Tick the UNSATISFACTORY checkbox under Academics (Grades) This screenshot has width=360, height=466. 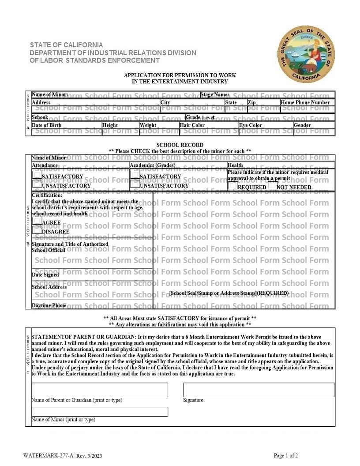tap(135, 185)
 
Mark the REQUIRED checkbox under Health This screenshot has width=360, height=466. tap(233, 186)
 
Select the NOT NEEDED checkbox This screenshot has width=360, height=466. tap(272, 186)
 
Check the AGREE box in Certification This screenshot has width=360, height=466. tap(37, 221)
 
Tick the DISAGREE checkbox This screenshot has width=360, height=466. tap(37, 230)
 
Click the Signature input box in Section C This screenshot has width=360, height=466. tap(259, 390)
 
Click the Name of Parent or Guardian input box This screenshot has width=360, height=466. tap(100, 390)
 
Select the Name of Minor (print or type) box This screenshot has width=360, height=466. tap(100, 411)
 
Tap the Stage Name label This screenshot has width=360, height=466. tap(215, 94)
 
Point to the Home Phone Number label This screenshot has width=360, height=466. tap(305, 102)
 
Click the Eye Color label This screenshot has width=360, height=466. tap(251, 125)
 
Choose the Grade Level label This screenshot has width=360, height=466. tap(201, 117)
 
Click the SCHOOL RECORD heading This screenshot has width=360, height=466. tap(180, 145)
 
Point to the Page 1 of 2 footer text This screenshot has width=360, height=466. tap(286, 455)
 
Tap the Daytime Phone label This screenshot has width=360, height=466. tap(49, 305)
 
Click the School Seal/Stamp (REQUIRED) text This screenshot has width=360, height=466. tap(229, 293)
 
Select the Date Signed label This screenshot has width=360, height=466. tap(45, 274)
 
